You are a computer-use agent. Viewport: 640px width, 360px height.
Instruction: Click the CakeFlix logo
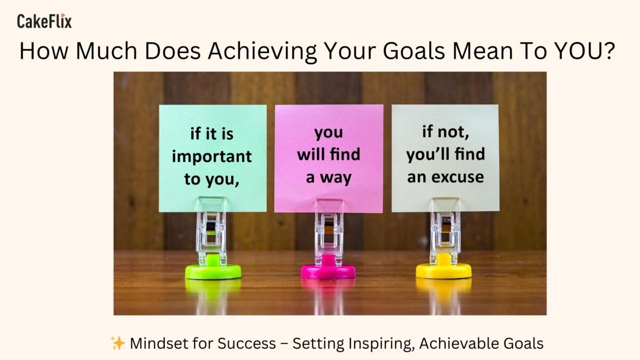pyautogui.click(x=44, y=21)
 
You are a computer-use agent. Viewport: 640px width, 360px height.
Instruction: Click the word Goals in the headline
pyautogui.click(x=414, y=51)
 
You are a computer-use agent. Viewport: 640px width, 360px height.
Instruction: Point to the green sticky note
pyautogui.click(x=213, y=158)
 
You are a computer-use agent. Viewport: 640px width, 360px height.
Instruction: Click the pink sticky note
pyautogui.click(x=329, y=158)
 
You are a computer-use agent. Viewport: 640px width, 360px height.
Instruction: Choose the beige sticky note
pyautogui.click(x=445, y=158)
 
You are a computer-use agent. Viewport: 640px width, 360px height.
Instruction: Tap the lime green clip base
pyautogui.click(x=213, y=270)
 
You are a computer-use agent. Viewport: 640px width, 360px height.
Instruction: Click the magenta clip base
pyautogui.click(x=329, y=270)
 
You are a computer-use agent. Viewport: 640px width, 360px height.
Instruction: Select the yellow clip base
pyautogui.click(x=443, y=270)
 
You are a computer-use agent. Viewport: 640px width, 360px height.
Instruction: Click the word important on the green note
pyautogui.click(x=212, y=157)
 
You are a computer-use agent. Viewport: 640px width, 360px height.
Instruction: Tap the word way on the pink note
pyautogui.click(x=335, y=178)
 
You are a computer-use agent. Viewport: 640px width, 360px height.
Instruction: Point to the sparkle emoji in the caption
pyautogui.click(x=118, y=343)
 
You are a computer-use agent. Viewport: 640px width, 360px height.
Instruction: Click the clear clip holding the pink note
pyautogui.click(x=329, y=231)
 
